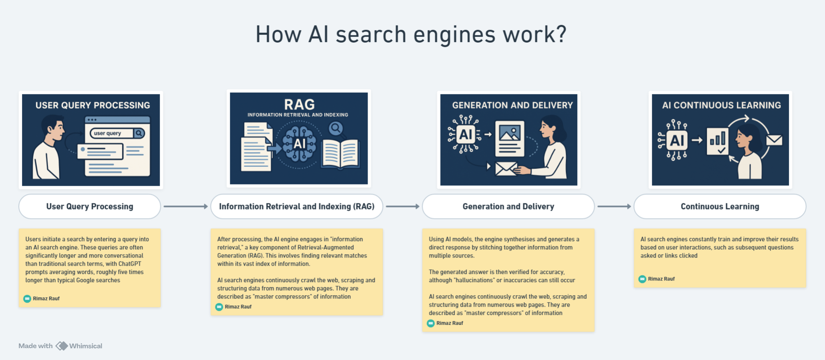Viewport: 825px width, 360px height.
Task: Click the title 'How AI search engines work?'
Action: click(x=411, y=34)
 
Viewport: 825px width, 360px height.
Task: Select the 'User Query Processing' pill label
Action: click(x=89, y=206)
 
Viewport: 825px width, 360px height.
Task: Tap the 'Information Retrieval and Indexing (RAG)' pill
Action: click(x=297, y=206)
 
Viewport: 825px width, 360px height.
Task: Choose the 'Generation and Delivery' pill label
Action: click(x=508, y=206)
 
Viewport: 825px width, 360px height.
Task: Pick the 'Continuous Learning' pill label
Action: click(x=720, y=206)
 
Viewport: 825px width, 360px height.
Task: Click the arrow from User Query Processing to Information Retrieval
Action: click(x=185, y=206)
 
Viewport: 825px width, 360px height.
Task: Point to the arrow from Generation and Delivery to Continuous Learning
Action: click(x=614, y=206)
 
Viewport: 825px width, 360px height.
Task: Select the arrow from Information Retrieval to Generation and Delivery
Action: click(x=402, y=206)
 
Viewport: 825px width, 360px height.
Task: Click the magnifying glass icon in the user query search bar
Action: click(x=139, y=133)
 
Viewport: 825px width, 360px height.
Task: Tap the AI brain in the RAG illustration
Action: click(x=299, y=143)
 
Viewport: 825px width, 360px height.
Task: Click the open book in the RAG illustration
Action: click(x=341, y=154)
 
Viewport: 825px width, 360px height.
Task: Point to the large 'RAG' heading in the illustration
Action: click(x=299, y=104)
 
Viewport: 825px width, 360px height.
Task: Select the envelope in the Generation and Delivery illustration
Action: click(x=506, y=169)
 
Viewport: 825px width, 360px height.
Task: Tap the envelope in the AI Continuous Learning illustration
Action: click(x=774, y=140)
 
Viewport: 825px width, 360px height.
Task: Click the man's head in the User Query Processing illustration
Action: click(x=53, y=127)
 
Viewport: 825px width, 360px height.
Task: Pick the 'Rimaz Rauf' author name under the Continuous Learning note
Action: click(x=661, y=279)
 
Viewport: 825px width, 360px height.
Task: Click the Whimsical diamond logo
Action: click(x=62, y=346)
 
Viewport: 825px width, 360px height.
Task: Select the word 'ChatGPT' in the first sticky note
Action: click(x=130, y=264)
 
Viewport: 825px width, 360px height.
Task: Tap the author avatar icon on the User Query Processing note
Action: click(x=27, y=298)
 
